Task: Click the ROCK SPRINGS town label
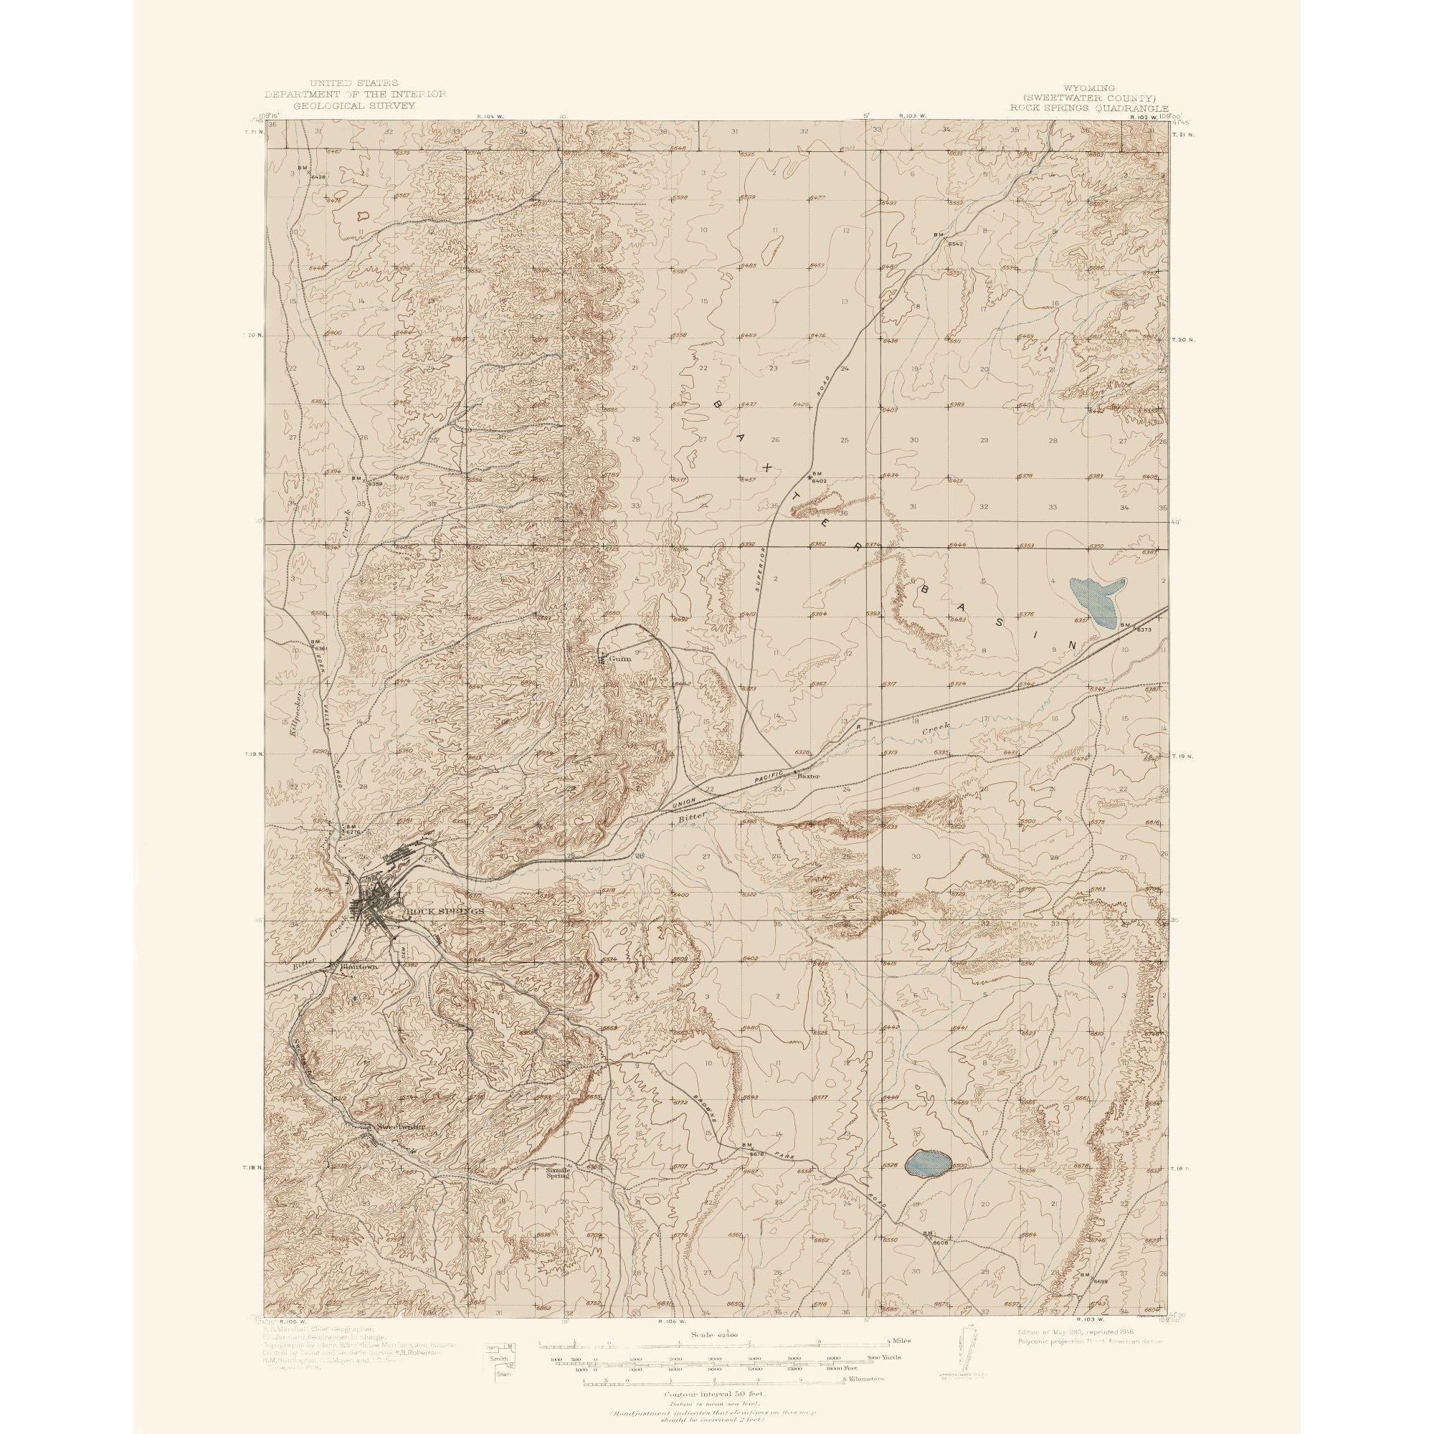click(443, 911)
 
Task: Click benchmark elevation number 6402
click(820, 481)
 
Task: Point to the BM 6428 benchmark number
click(318, 177)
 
